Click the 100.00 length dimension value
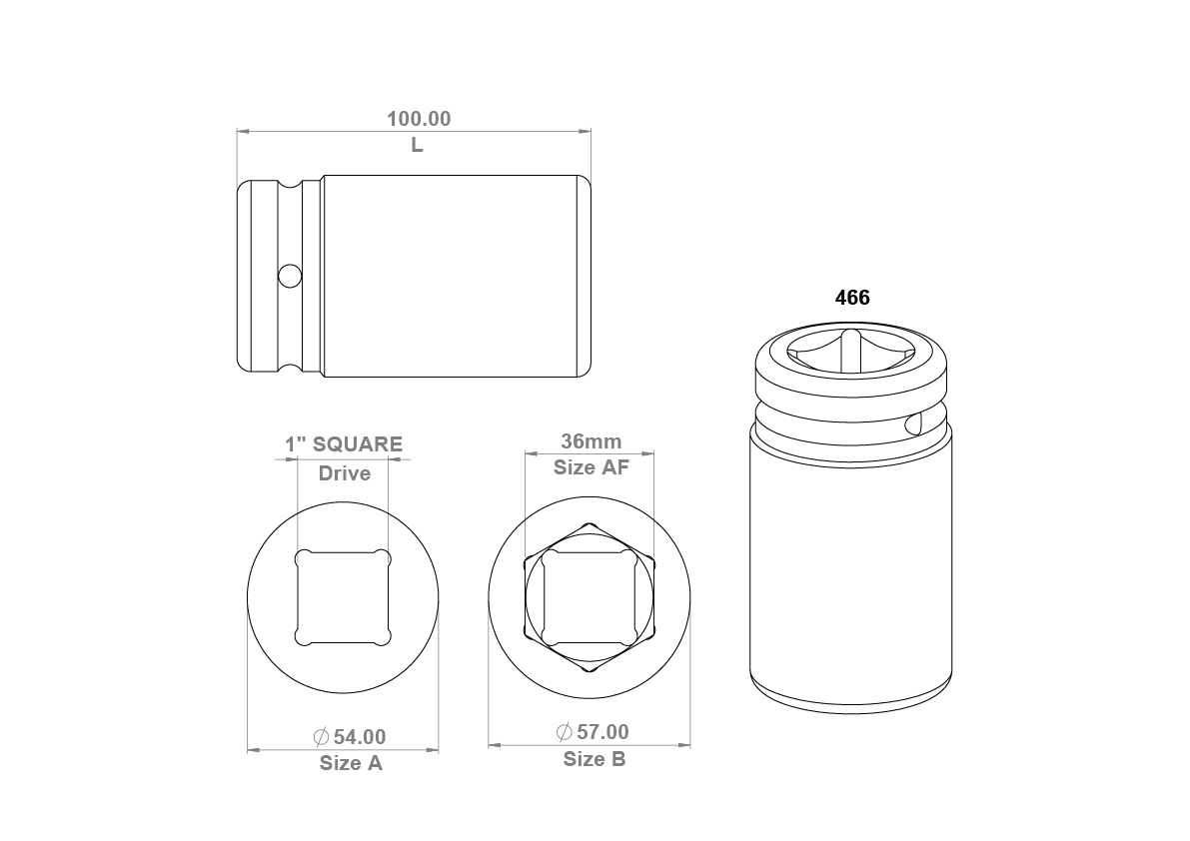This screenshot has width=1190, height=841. coord(419,119)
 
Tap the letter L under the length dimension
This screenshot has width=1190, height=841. coord(417,145)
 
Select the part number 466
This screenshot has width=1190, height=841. coord(852,298)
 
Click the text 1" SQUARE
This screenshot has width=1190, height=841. coord(344,444)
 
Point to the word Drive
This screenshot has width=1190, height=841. coord(345,473)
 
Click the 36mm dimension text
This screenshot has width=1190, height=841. coord(592,441)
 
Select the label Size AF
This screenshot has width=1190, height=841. coord(592,467)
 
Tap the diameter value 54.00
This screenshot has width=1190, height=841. coord(360,737)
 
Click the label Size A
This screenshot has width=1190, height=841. coord(351,763)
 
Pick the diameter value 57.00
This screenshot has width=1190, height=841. coord(602,732)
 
